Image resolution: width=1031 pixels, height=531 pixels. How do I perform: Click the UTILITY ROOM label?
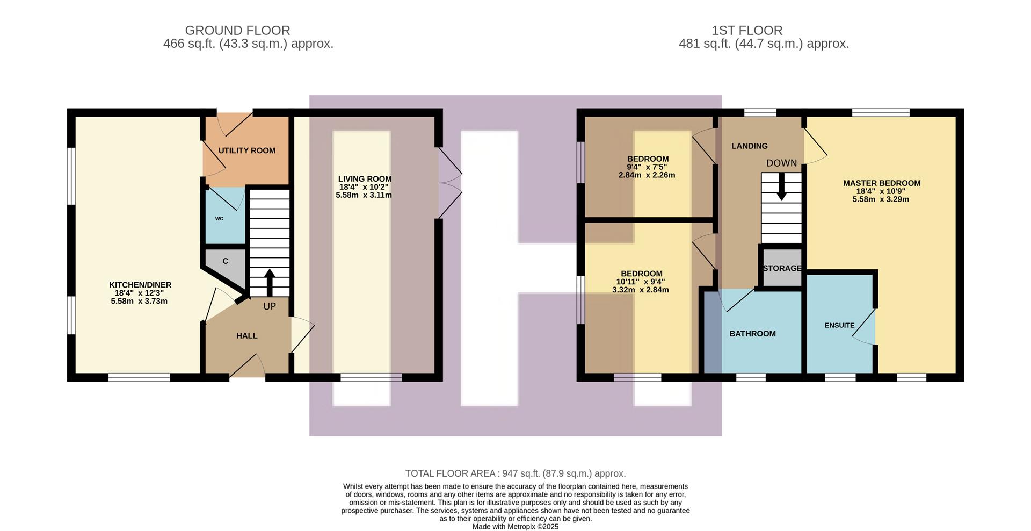coord(246,150)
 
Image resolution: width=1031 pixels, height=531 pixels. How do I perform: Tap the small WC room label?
coord(219,219)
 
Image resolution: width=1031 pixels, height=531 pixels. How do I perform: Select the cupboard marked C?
coord(225,261)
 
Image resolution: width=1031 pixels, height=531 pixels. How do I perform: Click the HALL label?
coord(246,336)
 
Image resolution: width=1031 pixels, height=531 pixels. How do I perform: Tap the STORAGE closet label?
coord(782,268)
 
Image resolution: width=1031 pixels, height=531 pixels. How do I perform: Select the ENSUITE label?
coord(839,325)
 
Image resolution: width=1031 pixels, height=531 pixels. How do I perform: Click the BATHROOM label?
coord(752,334)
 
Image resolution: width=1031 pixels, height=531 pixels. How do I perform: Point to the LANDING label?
coord(749,146)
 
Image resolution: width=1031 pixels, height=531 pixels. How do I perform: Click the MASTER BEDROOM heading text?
coord(881,183)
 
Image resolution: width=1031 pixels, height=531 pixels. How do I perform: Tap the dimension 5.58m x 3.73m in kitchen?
coord(139,302)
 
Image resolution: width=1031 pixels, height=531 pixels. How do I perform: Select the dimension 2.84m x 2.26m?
coord(647,175)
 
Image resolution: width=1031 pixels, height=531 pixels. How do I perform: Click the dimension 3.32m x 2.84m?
coord(640,290)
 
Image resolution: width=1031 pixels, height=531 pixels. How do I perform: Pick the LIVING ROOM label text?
coord(365,179)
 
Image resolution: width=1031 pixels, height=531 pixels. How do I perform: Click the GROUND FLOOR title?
coord(237,31)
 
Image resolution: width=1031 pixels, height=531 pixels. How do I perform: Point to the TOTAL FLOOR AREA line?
coord(515,473)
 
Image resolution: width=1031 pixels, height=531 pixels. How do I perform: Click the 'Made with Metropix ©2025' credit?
coord(515,527)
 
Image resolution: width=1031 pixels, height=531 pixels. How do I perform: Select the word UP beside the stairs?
coord(270,306)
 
